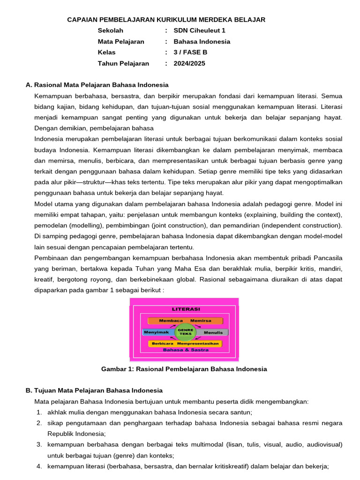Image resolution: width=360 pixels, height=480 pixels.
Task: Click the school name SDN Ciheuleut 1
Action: pyautogui.click(x=199, y=30)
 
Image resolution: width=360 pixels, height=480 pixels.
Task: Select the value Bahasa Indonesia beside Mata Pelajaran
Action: pyautogui.click(x=202, y=41)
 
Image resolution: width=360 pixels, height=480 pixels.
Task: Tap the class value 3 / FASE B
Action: pyautogui.click(x=190, y=52)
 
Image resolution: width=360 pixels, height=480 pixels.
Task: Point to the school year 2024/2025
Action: pyautogui.click(x=189, y=63)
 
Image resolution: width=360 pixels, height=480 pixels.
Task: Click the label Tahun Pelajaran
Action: pyautogui.click(x=123, y=63)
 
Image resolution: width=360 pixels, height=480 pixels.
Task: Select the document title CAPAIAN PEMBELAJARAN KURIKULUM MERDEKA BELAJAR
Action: pyautogui.click(x=166, y=19)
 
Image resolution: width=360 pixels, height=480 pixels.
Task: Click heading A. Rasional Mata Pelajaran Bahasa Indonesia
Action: pyautogui.click(x=97, y=85)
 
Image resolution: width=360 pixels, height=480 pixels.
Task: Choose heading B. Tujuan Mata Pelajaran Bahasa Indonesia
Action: pyautogui.click(x=94, y=390)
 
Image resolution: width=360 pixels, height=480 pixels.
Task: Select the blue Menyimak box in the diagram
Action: pyautogui.click(x=157, y=332)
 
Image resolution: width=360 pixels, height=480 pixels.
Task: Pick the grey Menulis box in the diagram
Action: pyautogui.click(x=213, y=332)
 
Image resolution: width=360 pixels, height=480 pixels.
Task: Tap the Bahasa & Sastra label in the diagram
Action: pyautogui.click(x=184, y=350)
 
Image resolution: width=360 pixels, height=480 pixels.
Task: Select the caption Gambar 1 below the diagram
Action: pyautogui.click(x=184, y=369)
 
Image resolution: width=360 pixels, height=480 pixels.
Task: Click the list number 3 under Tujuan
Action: pyautogui.click(x=39, y=444)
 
